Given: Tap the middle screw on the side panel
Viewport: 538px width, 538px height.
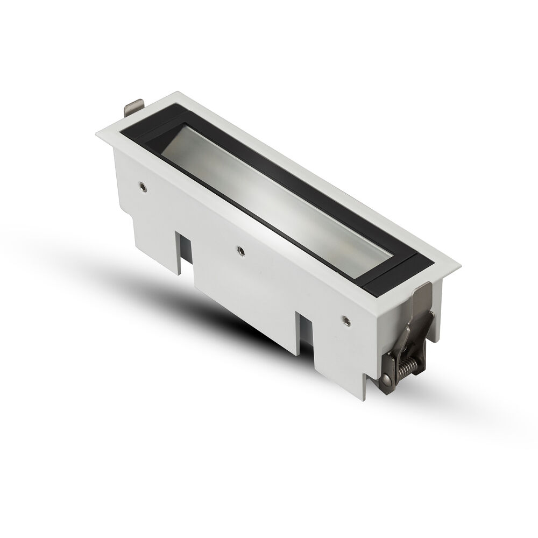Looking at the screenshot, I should (x=240, y=250).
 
